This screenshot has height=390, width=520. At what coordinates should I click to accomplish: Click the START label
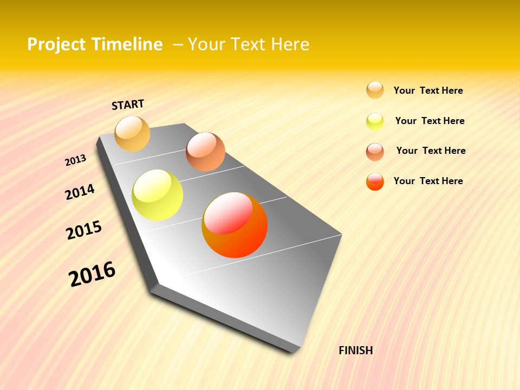click(128, 105)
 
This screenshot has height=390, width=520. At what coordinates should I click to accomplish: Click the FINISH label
click(356, 350)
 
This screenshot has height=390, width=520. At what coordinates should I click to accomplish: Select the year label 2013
click(75, 160)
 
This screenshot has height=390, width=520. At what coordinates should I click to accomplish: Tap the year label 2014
click(80, 192)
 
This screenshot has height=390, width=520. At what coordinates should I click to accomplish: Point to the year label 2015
click(84, 230)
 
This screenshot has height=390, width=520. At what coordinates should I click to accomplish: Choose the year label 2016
click(92, 274)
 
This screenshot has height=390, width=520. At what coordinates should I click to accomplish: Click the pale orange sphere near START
click(132, 133)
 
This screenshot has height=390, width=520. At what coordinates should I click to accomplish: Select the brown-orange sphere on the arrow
click(205, 152)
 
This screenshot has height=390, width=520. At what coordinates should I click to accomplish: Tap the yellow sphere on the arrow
click(158, 195)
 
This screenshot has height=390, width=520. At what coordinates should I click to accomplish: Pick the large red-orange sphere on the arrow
click(235, 225)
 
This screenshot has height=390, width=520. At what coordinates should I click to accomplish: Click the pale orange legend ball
click(375, 90)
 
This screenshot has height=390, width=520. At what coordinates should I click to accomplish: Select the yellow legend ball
click(375, 121)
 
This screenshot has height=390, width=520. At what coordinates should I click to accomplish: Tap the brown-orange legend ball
click(375, 152)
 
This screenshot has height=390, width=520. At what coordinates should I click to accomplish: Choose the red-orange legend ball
click(375, 181)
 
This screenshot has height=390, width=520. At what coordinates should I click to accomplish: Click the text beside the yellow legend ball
click(430, 121)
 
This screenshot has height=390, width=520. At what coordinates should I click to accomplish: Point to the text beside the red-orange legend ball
click(428, 181)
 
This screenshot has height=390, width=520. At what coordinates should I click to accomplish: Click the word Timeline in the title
click(127, 44)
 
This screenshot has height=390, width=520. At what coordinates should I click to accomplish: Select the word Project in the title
click(57, 44)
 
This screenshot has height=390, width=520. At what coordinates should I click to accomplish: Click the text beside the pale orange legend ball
click(428, 90)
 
